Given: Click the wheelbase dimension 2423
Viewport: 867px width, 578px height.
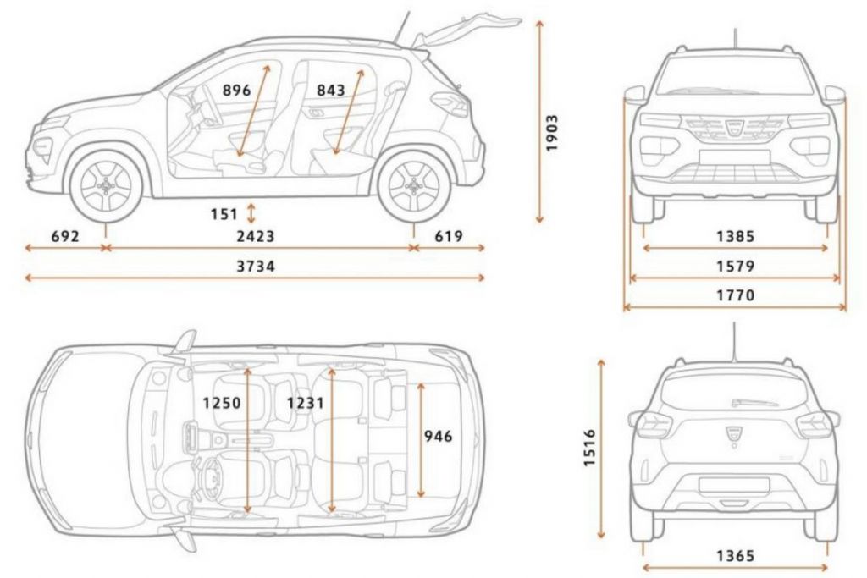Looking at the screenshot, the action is point(256,236).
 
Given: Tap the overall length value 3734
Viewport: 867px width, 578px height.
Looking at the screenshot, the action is point(256,267).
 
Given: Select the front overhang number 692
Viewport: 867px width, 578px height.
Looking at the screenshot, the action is point(65,236).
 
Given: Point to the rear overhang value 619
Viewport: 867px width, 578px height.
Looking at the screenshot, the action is point(449,236).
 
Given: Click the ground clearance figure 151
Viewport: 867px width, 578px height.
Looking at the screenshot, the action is point(224,214).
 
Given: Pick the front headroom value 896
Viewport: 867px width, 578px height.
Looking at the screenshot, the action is point(237,90).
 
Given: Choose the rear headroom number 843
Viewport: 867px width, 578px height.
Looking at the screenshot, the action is point(331,90).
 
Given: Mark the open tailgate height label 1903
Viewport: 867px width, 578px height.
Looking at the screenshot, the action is point(551,133).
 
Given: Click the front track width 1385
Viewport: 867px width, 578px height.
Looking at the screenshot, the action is point(736,236).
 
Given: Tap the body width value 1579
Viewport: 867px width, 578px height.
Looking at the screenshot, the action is point(736,267).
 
